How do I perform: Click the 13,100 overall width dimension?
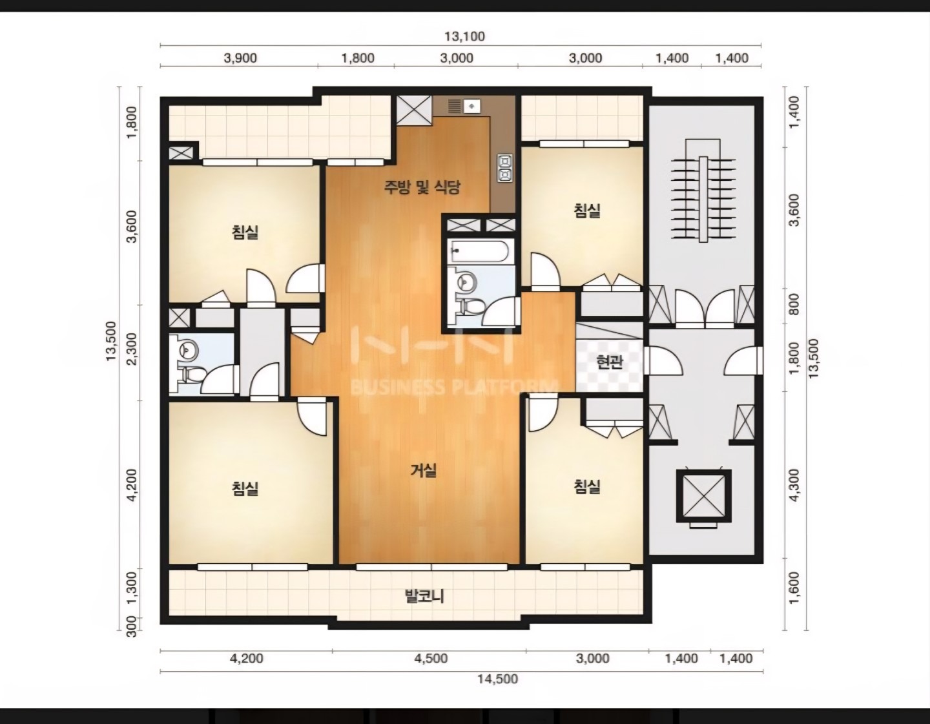pyautogui.click(x=464, y=36)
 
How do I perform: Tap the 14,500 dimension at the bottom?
pyautogui.click(x=497, y=679)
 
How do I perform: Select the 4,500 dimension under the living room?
pyautogui.click(x=431, y=658)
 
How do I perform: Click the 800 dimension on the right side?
pyautogui.click(x=794, y=304)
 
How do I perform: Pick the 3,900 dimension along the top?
pyautogui.click(x=240, y=57)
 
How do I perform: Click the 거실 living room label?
pyautogui.click(x=423, y=471)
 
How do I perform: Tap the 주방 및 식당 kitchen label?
pyautogui.click(x=422, y=187)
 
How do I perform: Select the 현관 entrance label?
pyautogui.click(x=610, y=362)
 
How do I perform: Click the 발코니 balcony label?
pyautogui.click(x=424, y=596)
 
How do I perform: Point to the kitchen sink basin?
pyautogui.click(x=472, y=106)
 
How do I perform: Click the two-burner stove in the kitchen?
pyautogui.click(x=504, y=168)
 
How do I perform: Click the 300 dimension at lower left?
pyautogui.click(x=132, y=627)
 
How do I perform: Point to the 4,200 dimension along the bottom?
pyautogui.click(x=247, y=658)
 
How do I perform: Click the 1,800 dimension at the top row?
pyautogui.click(x=358, y=57)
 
